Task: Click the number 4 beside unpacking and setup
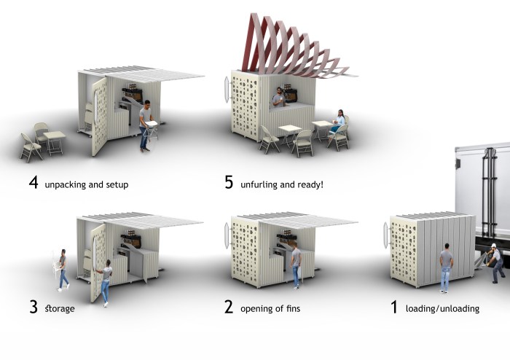[x=33, y=183]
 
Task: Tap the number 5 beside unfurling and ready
[x=229, y=183]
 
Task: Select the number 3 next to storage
[x=33, y=307]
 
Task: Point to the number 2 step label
[x=229, y=307]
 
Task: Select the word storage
[x=60, y=308]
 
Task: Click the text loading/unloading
[x=444, y=308]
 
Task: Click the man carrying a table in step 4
[x=146, y=124]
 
